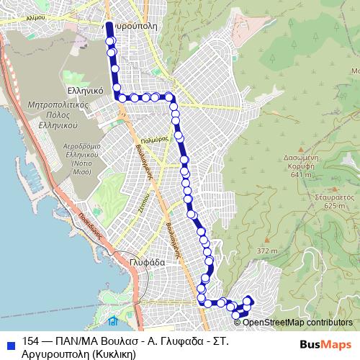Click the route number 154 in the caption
pos(31,341)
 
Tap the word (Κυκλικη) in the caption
pos(108,354)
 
